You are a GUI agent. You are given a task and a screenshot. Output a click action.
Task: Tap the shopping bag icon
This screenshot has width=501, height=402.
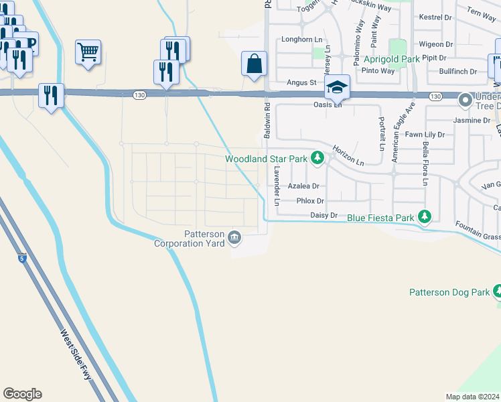tap(255, 64)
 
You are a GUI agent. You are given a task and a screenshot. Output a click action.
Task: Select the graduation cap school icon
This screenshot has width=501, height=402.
tap(336, 87)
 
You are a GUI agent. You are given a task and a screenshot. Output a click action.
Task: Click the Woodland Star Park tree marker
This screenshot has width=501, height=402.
tap(318, 159)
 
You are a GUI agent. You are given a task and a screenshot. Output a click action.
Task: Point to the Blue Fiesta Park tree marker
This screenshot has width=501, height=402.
tap(423, 217)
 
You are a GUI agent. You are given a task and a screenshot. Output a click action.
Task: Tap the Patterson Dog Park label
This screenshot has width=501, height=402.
tap(450, 292)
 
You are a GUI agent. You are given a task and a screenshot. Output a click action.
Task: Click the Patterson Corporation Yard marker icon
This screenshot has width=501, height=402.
tap(235, 237)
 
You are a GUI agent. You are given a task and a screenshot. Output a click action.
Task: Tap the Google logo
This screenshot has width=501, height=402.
tap(23, 394)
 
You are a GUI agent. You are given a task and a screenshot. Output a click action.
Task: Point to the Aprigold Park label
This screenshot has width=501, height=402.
tap(391, 59)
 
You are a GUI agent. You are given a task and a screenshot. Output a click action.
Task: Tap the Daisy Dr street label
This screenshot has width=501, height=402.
tap(322, 215)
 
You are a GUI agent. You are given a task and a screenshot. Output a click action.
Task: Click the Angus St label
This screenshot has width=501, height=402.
tap(301, 82)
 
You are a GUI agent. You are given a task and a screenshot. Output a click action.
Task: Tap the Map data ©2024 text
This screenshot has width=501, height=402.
tap(473, 397)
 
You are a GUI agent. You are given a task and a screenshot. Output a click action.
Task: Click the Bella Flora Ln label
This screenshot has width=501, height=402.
tap(425, 163)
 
